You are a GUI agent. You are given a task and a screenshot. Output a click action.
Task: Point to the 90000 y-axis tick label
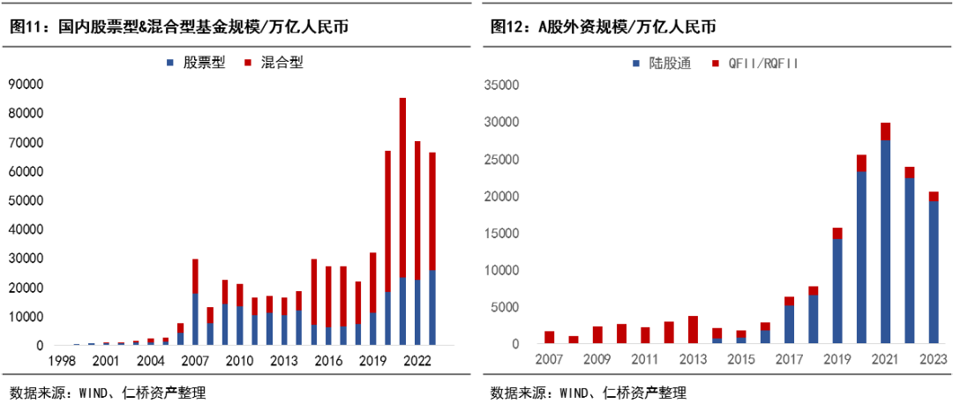[x=26, y=85]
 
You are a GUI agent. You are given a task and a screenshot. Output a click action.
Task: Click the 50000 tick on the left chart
[x=26, y=200]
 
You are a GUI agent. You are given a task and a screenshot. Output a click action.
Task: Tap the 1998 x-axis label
[x=61, y=360]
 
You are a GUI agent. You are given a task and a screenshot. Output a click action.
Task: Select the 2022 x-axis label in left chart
[x=417, y=360]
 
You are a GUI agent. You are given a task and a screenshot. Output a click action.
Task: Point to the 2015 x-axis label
[x=740, y=360]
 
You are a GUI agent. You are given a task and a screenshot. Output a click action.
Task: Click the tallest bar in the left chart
[x=402, y=221]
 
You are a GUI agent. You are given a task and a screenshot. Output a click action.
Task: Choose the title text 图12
[x=507, y=27]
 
